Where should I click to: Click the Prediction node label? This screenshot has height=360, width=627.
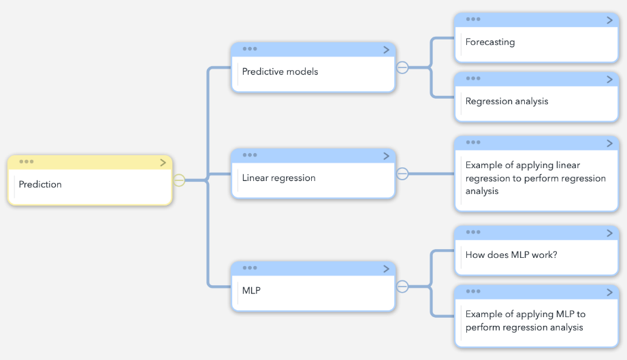click(x=40, y=184)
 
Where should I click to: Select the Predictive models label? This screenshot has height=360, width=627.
click(x=280, y=71)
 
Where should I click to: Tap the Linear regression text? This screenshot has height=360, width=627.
click(x=278, y=178)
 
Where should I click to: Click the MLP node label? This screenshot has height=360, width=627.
click(x=251, y=291)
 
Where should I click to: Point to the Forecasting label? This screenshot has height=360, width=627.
click(x=490, y=42)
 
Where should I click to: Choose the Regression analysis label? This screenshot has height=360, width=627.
click(x=507, y=101)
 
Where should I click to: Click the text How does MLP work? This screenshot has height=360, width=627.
click(x=511, y=255)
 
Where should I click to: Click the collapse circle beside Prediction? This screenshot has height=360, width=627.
click(x=179, y=180)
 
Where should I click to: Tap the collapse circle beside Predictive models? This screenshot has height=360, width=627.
click(x=402, y=67)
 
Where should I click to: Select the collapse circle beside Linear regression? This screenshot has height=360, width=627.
click(x=402, y=174)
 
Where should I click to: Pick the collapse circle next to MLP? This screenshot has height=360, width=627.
click(x=402, y=287)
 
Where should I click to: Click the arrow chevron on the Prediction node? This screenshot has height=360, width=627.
click(x=163, y=163)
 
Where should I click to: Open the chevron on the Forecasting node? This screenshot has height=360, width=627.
click(x=609, y=20)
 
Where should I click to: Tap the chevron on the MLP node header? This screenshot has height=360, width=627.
click(x=386, y=269)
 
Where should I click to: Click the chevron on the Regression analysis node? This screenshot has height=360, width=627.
click(x=609, y=80)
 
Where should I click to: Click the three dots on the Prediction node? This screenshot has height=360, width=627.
click(x=27, y=161)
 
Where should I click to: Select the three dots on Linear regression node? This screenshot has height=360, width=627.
click(x=250, y=154)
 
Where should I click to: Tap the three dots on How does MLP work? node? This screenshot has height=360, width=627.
click(x=473, y=232)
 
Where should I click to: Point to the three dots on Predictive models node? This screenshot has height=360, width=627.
click(x=250, y=49)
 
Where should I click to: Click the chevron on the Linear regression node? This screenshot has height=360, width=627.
click(x=386, y=156)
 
